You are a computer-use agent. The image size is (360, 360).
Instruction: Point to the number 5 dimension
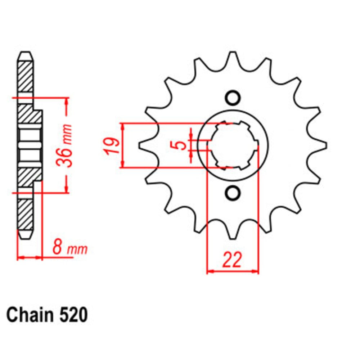(x=183, y=145)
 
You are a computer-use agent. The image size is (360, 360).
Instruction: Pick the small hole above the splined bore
(x=232, y=98)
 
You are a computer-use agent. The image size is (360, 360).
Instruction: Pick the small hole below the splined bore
(x=232, y=193)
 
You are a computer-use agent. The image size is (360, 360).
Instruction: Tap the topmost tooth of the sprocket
(x=233, y=58)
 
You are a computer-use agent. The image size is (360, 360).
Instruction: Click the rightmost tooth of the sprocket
(x=323, y=145)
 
